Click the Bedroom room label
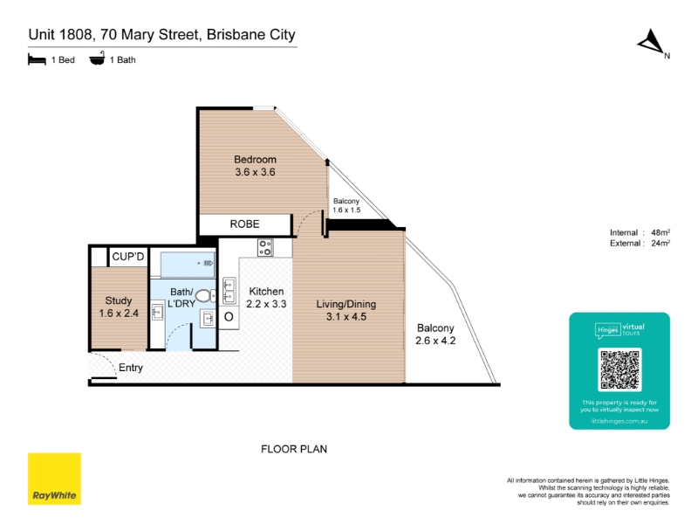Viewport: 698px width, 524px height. pos(255,160)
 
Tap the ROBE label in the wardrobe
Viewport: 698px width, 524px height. pos(244,224)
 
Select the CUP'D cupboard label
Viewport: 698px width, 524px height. pos(128,257)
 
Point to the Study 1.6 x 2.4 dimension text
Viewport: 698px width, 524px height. pos(119,314)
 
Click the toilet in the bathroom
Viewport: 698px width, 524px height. pos(206,296)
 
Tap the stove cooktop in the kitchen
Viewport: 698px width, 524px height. pos(265,248)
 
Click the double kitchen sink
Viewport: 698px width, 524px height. pos(229,291)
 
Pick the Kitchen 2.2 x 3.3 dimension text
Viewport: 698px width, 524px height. pos(266,304)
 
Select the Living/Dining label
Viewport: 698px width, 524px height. pos(346,304)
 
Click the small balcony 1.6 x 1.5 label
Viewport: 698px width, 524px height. pos(346,205)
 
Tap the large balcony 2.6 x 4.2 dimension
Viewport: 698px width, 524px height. pos(435,341)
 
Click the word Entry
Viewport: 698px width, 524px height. pos(130,368)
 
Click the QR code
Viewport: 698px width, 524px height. pos(619,369)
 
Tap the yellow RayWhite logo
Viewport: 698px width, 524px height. pos(54,479)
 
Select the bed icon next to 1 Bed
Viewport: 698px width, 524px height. pos(37,59)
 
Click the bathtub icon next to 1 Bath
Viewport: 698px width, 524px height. pos(97,59)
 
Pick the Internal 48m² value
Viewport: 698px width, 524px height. pos(660,232)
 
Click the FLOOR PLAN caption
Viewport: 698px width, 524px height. pos(294,449)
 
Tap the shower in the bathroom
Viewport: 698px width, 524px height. pos(188,265)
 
